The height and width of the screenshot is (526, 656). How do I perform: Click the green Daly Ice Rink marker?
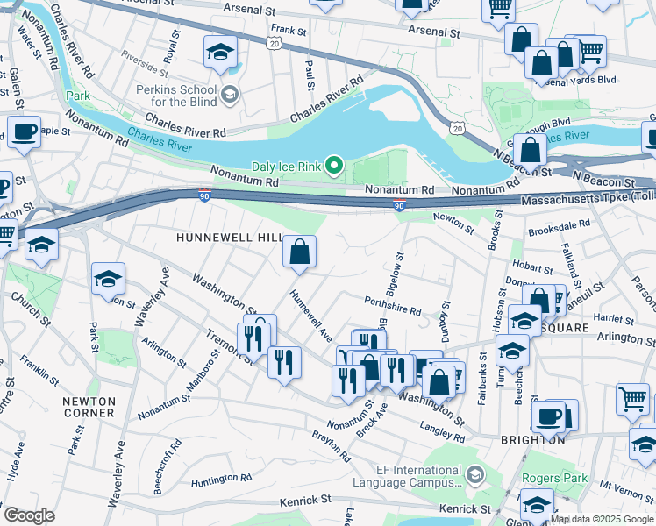click(333, 165)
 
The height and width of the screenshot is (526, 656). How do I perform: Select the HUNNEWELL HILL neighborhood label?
click(229, 238)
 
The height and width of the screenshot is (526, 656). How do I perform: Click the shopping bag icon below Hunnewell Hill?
click(300, 252)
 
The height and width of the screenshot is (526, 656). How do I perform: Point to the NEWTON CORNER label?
click(89, 407)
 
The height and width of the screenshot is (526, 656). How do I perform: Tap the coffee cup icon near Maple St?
click(24, 132)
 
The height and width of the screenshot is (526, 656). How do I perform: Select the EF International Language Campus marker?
click(474, 475)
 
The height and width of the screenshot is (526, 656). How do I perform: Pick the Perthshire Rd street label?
click(392, 306)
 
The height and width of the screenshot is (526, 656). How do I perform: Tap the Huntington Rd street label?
click(220, 478)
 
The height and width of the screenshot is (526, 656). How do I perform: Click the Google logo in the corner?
click(29, 515)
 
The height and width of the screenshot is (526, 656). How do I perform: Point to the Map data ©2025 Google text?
click(602, 519)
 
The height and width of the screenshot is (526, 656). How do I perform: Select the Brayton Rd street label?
click(332, 445)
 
